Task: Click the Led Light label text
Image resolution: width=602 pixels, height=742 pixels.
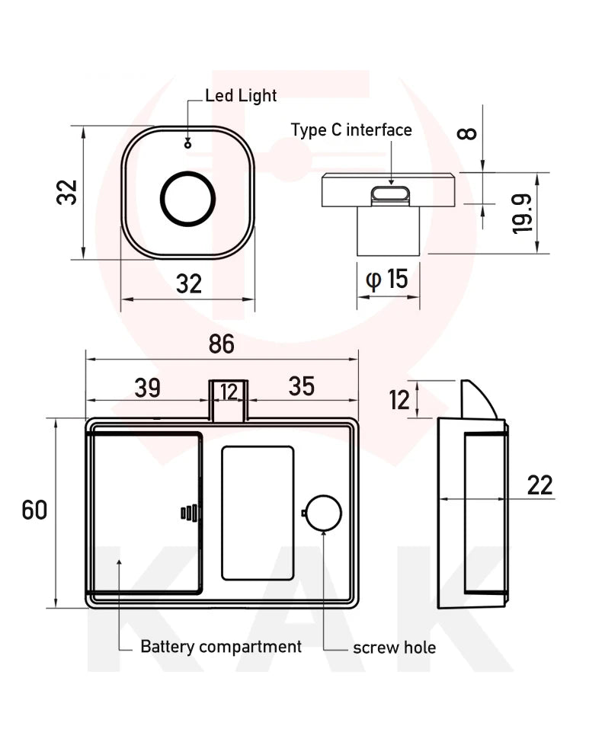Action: pos(241,96)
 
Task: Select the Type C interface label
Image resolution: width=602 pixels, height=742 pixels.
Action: pos(351,130)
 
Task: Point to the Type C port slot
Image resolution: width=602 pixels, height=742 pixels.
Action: pos(391,195)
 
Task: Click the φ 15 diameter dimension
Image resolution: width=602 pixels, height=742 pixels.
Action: pos(387,279)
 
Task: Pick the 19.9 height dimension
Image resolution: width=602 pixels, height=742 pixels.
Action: pos(522,213)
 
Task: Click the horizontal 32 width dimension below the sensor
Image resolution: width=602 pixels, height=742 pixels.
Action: pos(188,283)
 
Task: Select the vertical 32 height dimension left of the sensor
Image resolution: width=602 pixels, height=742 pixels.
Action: pos(67,192)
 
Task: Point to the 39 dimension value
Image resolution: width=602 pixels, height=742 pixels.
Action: pos(147,387)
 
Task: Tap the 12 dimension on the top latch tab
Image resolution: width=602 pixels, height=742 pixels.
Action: pos(229,392)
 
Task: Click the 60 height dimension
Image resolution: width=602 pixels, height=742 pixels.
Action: pos(34,510)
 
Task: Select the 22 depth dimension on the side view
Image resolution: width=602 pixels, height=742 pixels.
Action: pos(540,485)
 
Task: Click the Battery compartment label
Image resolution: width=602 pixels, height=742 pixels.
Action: pos(221,647)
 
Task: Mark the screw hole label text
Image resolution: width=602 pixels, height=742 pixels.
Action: pos(394,648)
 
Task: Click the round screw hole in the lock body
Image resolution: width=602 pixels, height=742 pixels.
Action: pos(323,513)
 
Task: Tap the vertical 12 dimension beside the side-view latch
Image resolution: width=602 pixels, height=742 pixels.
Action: pos(399,399)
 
